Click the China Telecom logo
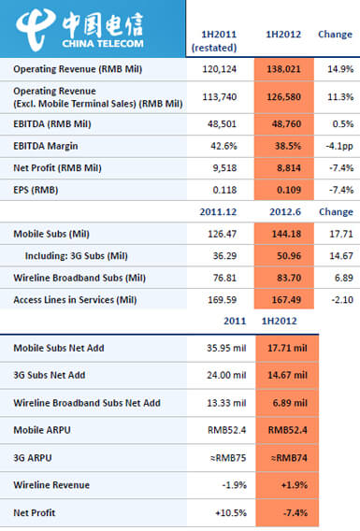[x=94, y=28]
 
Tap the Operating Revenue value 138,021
[x=281, y=69]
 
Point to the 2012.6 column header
[x=281, y=212]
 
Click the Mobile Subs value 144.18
[x=281, y=234]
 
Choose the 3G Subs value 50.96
[x=281, y=255]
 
